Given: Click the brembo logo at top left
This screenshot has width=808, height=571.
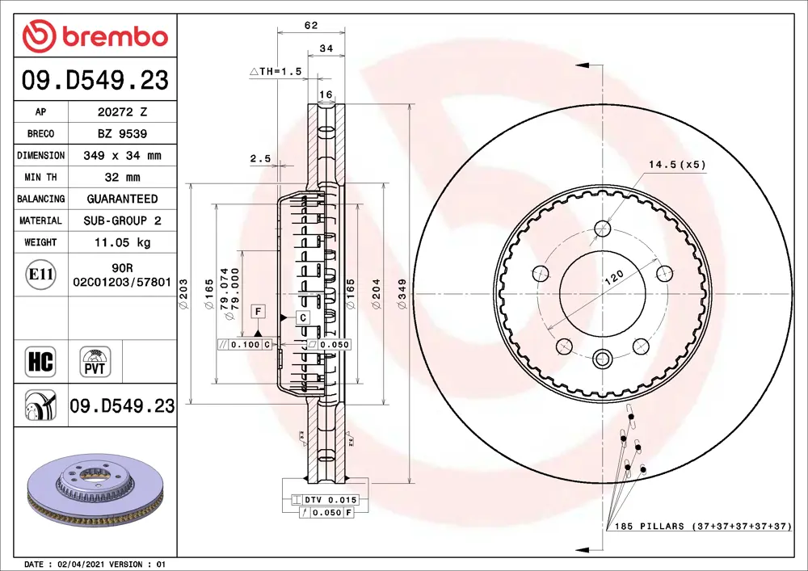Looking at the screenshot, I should click(95, 36).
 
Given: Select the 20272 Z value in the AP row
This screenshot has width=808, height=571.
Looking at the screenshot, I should click(121, 112).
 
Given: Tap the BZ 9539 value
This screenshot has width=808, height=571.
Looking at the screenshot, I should click(121, 133).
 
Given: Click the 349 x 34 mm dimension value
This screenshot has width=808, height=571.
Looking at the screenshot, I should click(122, 155).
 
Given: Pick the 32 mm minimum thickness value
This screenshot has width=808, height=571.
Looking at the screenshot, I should click(122, 177).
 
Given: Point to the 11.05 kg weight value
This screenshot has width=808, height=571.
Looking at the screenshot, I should click(122, 242).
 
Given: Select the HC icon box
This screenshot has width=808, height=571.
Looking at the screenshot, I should click(40, 361).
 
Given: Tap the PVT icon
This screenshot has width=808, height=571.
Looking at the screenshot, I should click(96, 361).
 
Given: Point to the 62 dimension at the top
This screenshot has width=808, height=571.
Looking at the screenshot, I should click(310, 25).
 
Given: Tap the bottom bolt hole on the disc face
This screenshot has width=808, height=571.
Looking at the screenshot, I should click(602, 358).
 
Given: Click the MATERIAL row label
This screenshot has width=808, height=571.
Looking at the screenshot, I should click(40, 220).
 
